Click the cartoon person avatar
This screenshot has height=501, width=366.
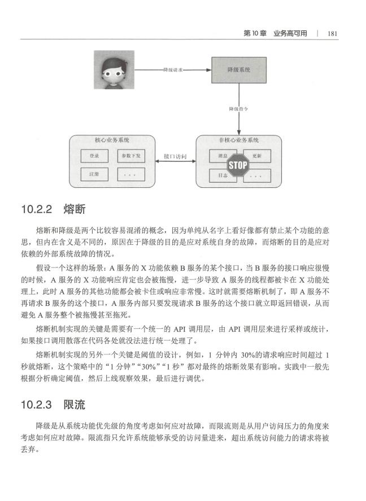tap(114, 69)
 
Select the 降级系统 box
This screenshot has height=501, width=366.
tap(239, 70)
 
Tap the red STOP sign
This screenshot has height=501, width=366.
tap(238, 165)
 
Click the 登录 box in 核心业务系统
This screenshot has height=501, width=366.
tap(94, 156)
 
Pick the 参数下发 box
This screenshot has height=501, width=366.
tap(131, 156)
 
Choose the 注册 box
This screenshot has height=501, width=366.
tap(94, 174)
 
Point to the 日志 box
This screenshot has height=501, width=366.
tap(223, 175)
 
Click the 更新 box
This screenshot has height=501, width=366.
tap(257, 156)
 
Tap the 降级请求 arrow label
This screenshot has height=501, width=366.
tap(173, 69)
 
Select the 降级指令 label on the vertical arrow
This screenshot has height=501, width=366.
tap(239, 109)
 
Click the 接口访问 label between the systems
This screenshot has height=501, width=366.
tap(175, 156)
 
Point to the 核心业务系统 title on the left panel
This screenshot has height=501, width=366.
tap(112, 140)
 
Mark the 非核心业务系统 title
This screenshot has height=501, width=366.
tap(239, 140)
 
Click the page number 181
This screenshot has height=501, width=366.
tap(333, 33)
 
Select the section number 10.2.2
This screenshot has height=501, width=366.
tap(37, 209)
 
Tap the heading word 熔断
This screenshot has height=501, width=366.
tap(75, 209)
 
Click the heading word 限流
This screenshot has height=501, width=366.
tap(75, 405)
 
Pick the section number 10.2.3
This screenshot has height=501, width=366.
tap(37, 405)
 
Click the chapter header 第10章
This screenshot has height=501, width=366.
tap(255, 33)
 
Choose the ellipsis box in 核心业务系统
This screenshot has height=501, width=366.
tap(131, 174)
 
